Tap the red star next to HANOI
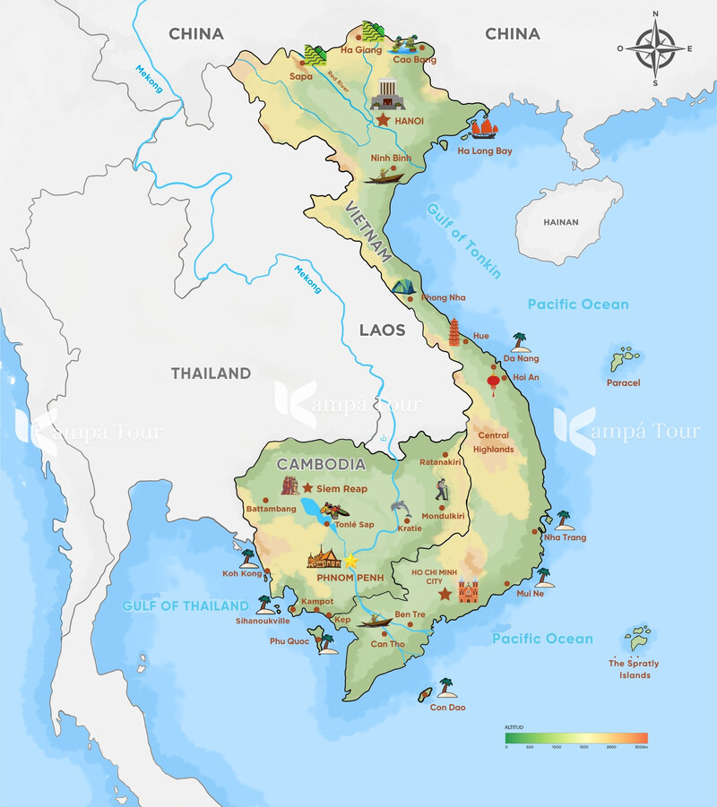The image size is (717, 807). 384,119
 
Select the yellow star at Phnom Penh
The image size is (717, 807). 351,560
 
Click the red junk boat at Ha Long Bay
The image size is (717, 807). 482,129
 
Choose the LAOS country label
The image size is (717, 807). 382,330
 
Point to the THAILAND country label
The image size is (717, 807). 211,373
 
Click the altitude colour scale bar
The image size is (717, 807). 576,737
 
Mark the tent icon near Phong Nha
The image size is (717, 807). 402,287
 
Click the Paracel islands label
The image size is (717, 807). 623,382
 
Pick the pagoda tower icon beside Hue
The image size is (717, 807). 455,331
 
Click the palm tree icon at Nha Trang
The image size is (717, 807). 563,519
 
